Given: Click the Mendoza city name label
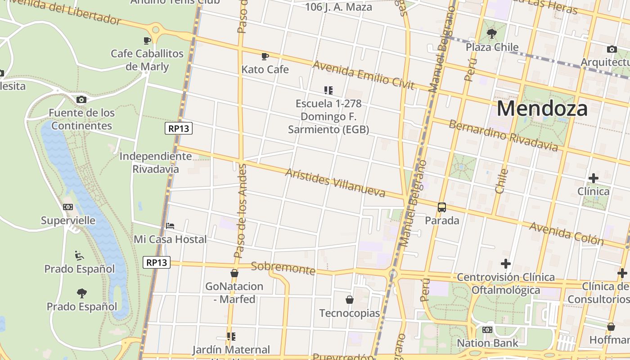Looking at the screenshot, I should click(x=542, y=109).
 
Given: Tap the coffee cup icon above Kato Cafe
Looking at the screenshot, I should click(x=265, y=56).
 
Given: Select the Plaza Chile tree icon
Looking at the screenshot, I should click(x=492, y=33).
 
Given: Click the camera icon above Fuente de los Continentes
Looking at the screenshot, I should click(x=81, y=99).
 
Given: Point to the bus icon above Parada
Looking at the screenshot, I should click(x=442, y=207).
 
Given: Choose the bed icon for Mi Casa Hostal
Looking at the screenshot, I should click(x=170, y=226).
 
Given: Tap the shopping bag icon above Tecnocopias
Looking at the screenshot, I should click(x=350, y=300).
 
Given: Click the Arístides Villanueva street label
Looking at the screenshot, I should click(x=336, y=183).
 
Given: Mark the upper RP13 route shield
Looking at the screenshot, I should click(x=179, y=128).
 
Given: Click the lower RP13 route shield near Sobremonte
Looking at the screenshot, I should click(x=157, y=262).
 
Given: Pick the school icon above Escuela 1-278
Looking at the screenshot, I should click(x=328, y=90).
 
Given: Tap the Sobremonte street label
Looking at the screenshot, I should click(x=283, y=268).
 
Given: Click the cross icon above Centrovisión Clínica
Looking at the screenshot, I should click(x=506, y=264).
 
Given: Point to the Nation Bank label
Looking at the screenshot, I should click(x=487, y=343).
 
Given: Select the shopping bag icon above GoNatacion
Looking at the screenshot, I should click(x=234, y=273).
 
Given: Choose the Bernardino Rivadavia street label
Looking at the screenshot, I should click(x=503, y=135).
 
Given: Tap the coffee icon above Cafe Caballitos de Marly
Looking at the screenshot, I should click(x=147, y=40).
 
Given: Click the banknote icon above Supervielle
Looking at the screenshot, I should click(x=68, y=207).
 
